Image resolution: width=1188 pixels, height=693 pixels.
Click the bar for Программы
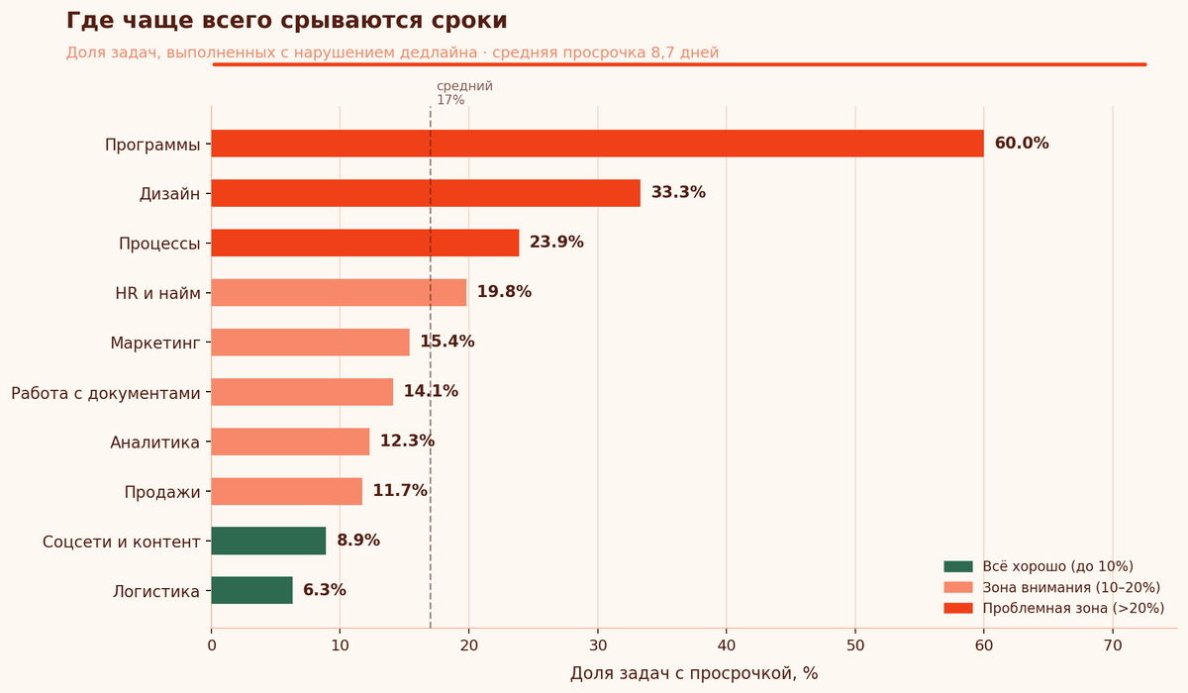(597, 144)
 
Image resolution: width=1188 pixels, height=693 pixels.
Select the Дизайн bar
(426, 193)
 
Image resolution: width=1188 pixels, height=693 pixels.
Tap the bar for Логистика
(251, 590)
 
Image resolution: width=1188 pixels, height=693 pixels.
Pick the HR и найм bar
(339, 292)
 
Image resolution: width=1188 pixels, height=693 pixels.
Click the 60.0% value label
(1022, 144)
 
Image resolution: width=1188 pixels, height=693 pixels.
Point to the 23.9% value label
(556, 243)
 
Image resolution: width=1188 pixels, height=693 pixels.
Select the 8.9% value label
(358, 541)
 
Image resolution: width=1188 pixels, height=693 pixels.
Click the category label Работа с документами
(106, 393)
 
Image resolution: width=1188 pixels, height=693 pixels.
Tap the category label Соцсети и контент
(122, 542)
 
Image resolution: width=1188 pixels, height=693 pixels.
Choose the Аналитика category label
(155, 443)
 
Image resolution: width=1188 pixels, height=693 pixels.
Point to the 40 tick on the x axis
(727, 645)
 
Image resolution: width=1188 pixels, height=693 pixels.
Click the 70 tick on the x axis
(1113, 645)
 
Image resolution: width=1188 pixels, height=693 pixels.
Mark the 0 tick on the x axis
(212, 645)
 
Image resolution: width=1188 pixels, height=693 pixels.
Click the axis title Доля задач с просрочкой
(694, 673)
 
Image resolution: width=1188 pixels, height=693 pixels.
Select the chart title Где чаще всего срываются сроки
(287, 21)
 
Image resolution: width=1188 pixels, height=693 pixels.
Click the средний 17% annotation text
(464, 93)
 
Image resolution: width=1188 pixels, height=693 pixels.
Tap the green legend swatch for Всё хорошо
(958, 566)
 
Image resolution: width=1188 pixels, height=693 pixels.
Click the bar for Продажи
(287, 491)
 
